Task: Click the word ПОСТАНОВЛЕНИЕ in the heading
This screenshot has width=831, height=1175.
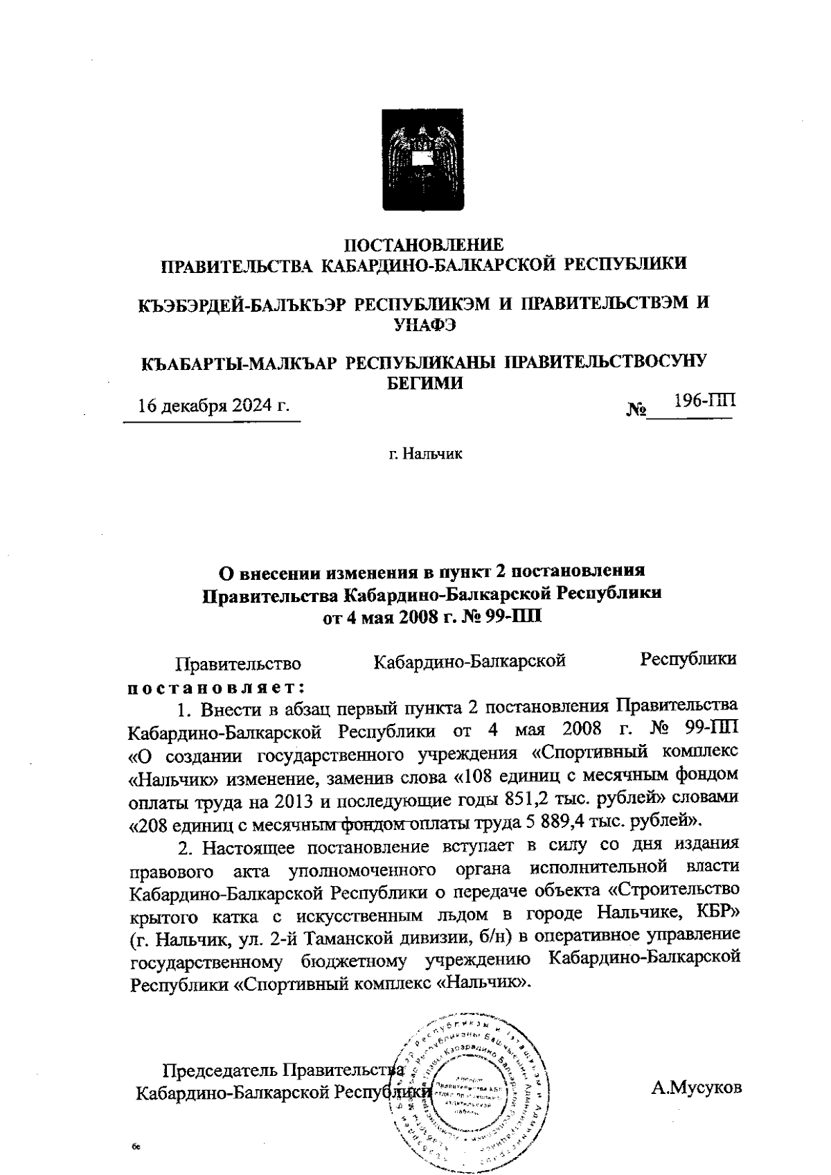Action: coord(425,244)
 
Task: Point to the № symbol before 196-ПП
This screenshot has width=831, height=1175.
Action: coord(636,410)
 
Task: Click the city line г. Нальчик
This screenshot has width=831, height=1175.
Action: coord(425,454)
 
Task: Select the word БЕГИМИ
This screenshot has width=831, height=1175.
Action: coord(424,381)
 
